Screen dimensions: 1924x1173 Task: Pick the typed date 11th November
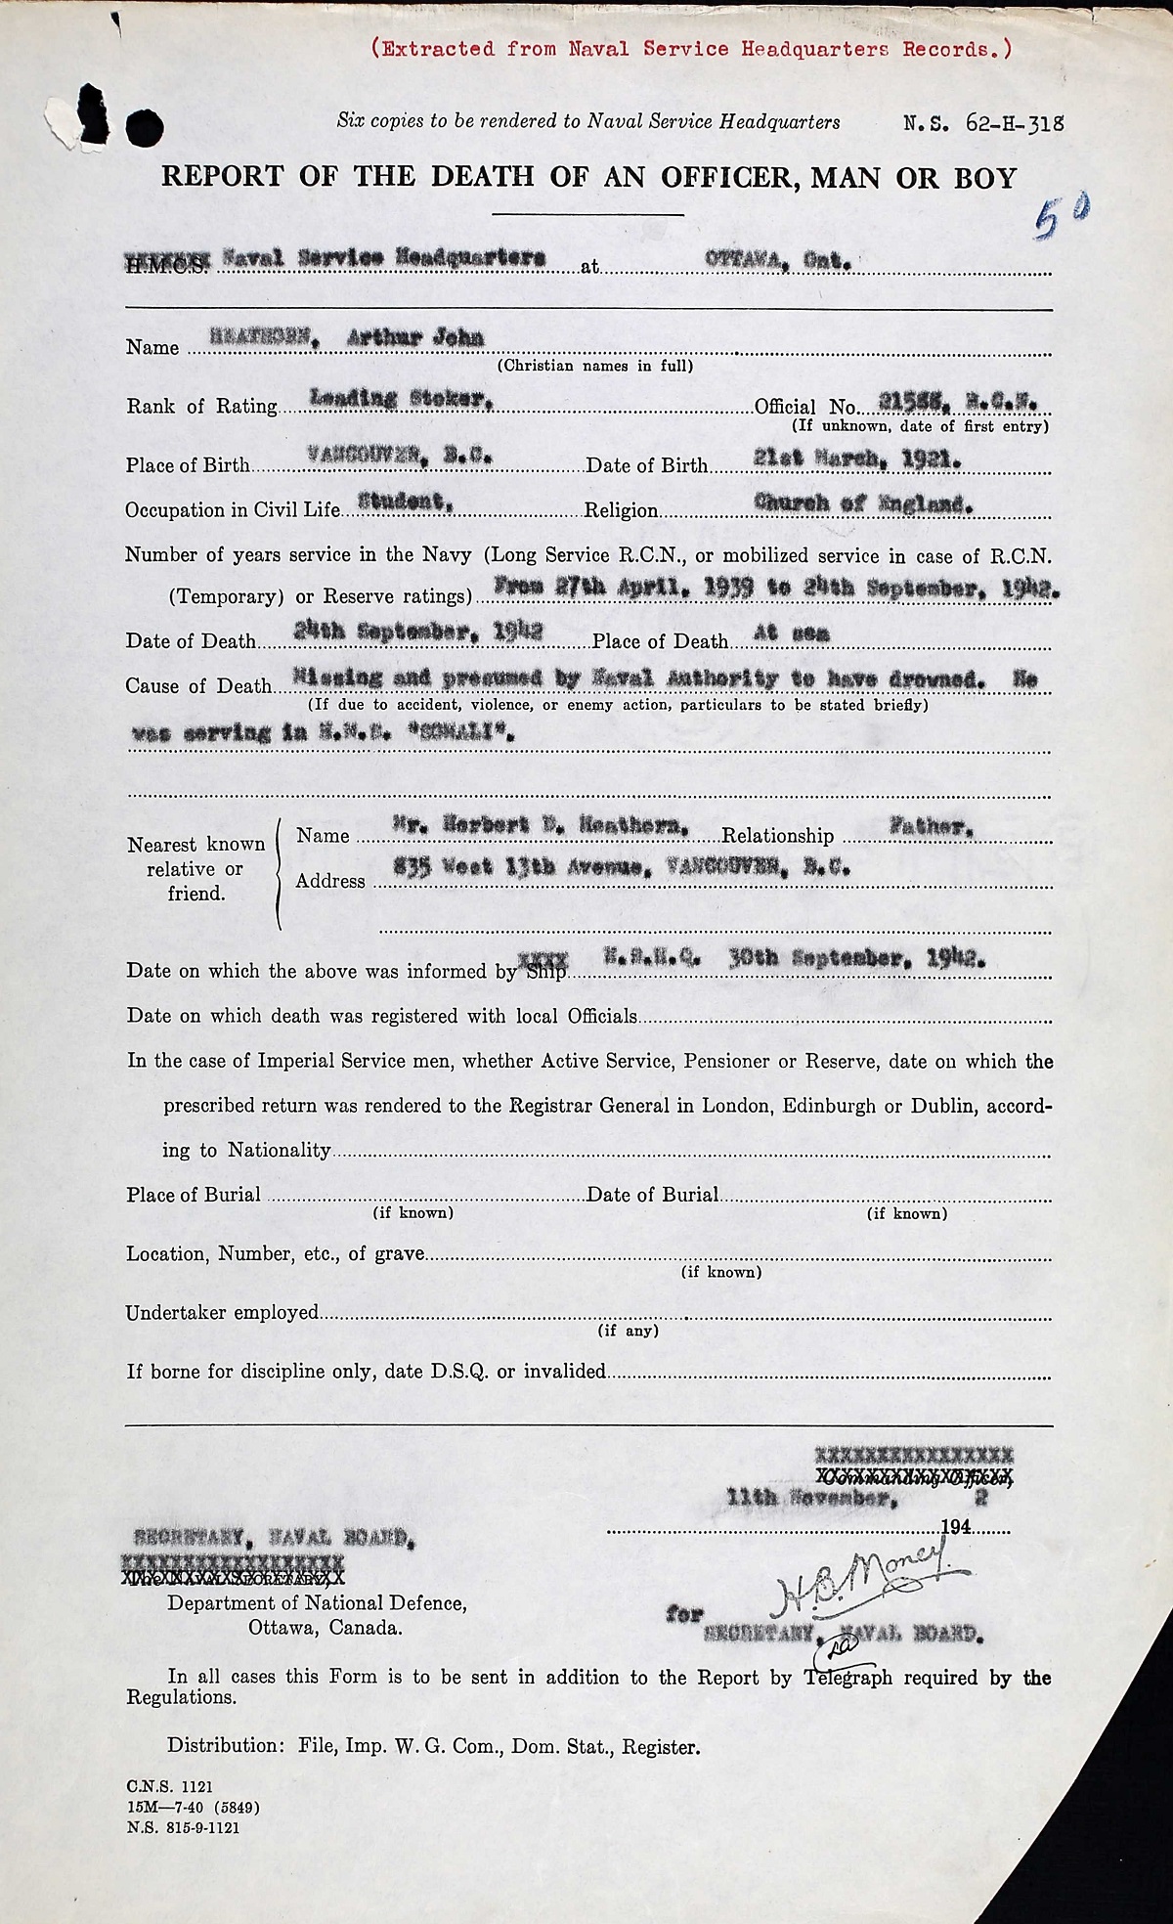tap(810, 1497)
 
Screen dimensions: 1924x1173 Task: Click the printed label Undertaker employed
tap(222, 1313)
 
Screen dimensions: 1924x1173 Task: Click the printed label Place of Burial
tap(194, 1195)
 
